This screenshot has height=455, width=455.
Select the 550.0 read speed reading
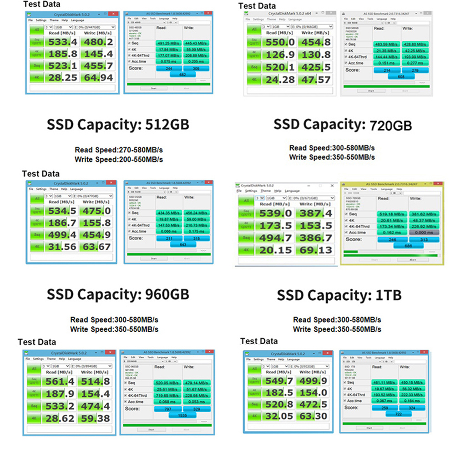(x=278, y=42)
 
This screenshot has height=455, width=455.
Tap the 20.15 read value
(x=276, y=250)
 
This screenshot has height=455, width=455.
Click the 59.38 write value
(x=95, y=418)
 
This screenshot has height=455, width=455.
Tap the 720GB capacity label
(x=391, y=124)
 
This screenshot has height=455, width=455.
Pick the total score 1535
(x=183, y=415)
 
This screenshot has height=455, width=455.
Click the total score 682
(x=183, y=74)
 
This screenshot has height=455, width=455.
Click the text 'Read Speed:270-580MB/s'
(x=119, y=150)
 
